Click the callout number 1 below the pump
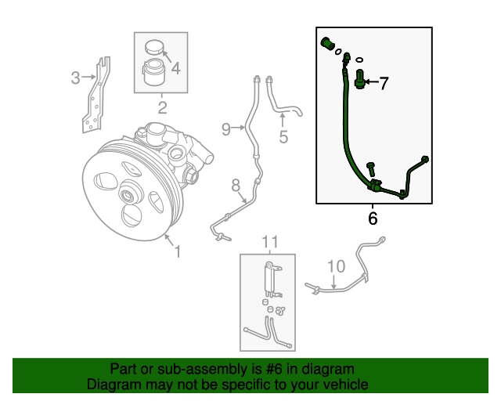click(x=178, y=251)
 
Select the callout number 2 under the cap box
click(x=162, y=107)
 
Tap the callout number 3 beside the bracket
click(x=75, y=78)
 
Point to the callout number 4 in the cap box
click(x=175, y=69)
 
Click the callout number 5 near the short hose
click(x=283, y=138)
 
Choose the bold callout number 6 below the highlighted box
click(x=373, y=219)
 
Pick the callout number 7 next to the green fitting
click(x=384, y=84)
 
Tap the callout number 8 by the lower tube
click(x=234, y=186)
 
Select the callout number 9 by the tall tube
click(x=225, y=129)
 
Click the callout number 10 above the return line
click(x=335, y=266)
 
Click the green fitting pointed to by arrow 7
click(x=361, y=79)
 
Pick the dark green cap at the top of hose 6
click(x=327, y=43)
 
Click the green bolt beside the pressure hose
click(x=370, y=168)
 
